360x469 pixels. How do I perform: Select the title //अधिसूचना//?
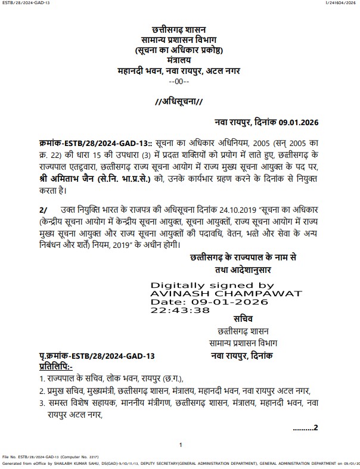coord(179,101)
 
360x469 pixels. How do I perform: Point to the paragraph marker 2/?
coord(42,210)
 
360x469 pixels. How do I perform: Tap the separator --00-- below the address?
coord(179,81)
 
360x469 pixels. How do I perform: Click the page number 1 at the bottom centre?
coord(180,445)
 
